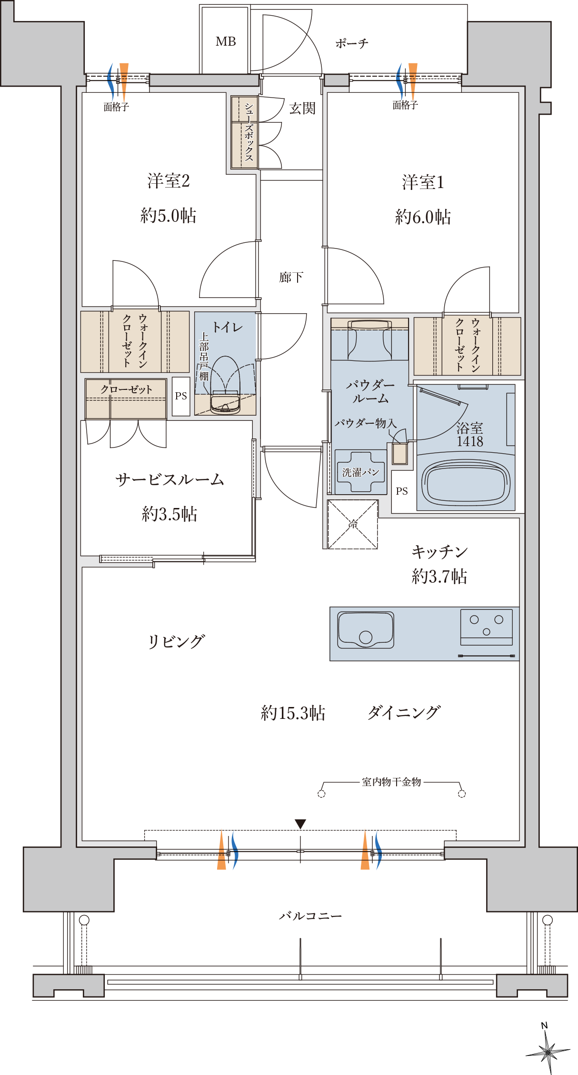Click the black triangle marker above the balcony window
(x=300, y=824)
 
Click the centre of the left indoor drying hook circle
(x=321, y=794)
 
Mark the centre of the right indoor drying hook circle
(x=462, y=794)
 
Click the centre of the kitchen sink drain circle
(x=366, y=637)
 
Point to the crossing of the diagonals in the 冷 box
(x=353, y=524)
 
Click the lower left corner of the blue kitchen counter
(x=330, y=660)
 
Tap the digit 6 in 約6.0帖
(x=418, y=217)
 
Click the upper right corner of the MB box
(x=249, y=7)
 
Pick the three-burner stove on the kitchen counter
(x=486, y=627)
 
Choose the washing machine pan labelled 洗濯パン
(x=360, y=472)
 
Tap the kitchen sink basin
(x=366, y=630)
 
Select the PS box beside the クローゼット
(x=181, y=396)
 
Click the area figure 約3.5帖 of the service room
(x=169, y=514)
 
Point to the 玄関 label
(x=302, y=109)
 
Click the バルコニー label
(x=310, y=916)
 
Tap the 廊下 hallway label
(x=291, y=277)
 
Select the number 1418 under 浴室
(x=470, y=441)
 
